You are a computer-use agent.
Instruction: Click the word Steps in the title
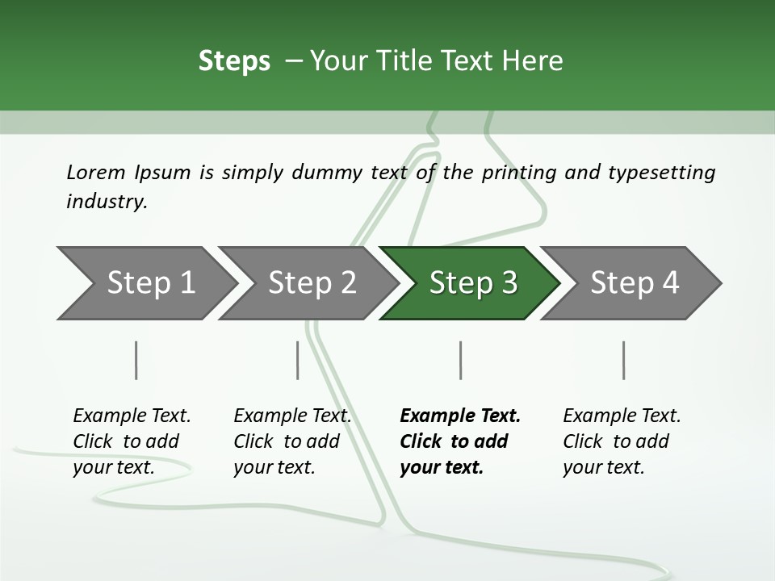click(234, 61)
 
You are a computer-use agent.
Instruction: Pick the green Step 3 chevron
click(472, 283)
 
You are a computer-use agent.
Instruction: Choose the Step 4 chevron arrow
click(634, 283)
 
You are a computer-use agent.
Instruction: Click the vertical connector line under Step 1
click(136, 360)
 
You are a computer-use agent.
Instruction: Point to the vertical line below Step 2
click(298, 360)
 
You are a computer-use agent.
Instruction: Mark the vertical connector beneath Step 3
click(460, 360)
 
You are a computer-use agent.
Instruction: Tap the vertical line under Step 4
click(623, 360)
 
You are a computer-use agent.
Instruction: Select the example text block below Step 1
click(132, 441)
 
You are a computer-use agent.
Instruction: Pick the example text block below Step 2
click(292, 441)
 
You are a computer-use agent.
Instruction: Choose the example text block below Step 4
click(622, 441)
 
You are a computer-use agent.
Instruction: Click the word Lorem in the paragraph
click(95, 173)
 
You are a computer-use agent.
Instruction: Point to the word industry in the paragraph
click(106, 202)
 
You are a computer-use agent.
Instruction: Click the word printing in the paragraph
click(518, 173)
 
